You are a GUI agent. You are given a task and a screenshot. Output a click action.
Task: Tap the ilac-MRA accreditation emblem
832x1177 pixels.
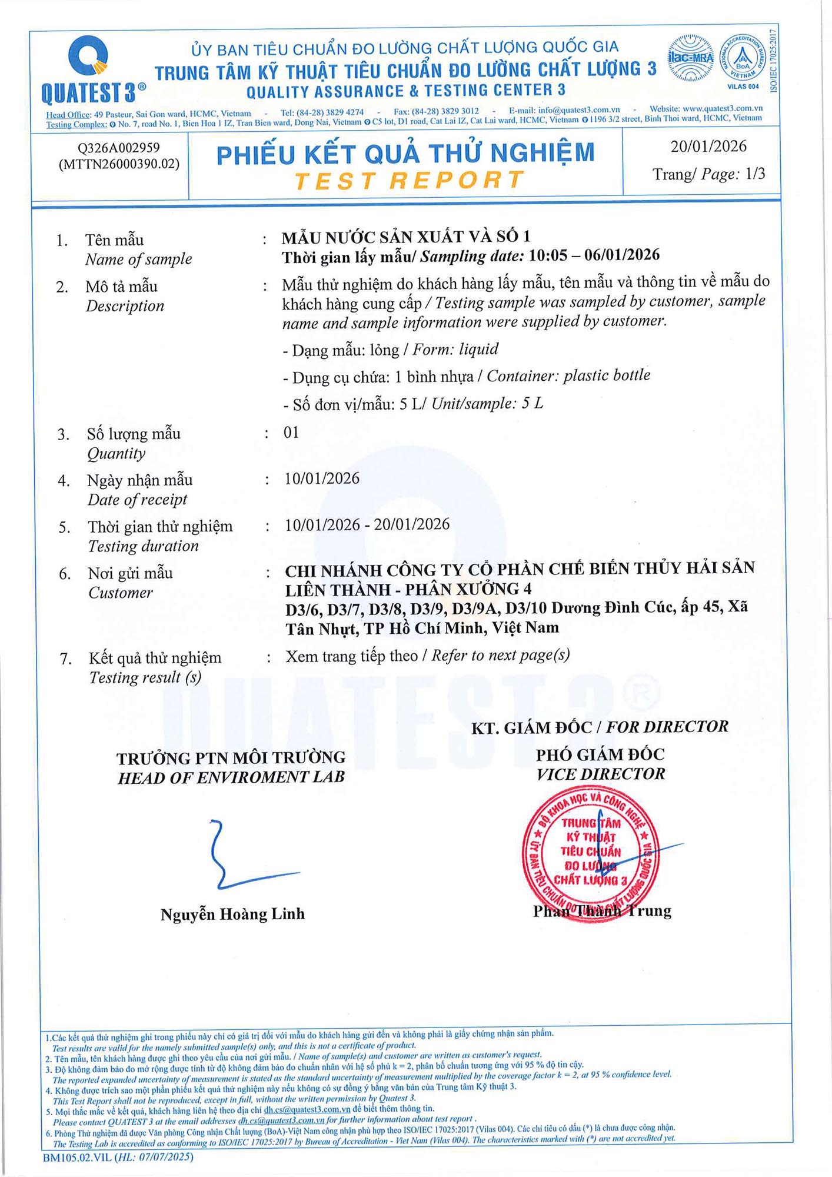click(691, 58)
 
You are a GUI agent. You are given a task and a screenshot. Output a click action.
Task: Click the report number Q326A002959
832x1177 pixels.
click(119, 148)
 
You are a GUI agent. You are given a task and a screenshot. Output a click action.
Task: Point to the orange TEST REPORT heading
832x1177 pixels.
click(409, 180)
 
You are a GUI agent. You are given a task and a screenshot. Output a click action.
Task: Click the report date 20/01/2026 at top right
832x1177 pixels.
click(708, 147)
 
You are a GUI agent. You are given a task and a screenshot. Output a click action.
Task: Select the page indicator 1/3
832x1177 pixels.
click(755, 174)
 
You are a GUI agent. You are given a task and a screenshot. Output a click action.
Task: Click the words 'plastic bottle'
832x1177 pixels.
click(607, 375)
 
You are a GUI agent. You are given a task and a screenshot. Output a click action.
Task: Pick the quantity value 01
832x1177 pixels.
click(291, 433)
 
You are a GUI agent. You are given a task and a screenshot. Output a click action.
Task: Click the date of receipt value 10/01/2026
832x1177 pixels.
click(322, 478)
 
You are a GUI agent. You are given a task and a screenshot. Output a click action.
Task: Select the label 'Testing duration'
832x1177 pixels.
click(144, 546)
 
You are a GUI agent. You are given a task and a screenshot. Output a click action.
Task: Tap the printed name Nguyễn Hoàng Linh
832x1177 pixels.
click(232, 914)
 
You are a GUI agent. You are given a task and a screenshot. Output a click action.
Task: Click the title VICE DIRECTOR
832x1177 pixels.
click(600, 774)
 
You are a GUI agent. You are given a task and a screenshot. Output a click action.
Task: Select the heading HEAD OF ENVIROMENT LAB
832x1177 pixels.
click(231, 778)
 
